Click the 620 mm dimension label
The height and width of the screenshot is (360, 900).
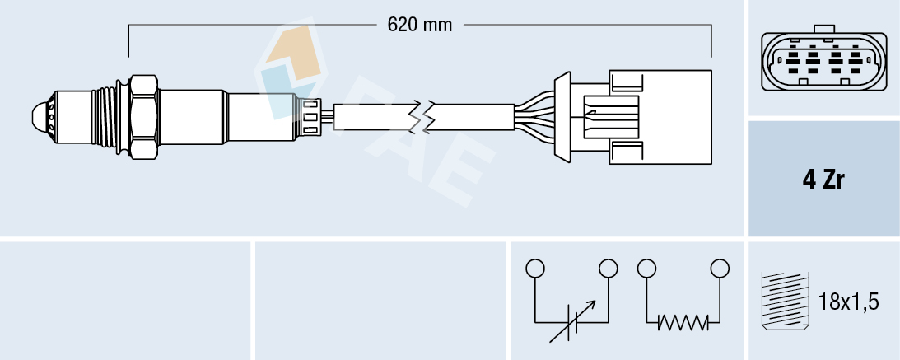pyautogui.click(x=420, y=25)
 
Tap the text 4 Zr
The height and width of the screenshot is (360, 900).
pyautogui.click(x=823, y=180)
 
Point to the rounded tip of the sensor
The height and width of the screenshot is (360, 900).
pyautogui.click(x=40, y=116)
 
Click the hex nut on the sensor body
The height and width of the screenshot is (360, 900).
pyautogui.click(x=143, y=116)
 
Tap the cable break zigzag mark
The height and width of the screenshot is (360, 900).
pyautogui.click(x=425, y=116)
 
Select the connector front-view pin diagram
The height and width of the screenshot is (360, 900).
pyautogui.click(x=823, y=62)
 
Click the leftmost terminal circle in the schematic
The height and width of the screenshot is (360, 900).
pyautogui.click(x=535, y=269)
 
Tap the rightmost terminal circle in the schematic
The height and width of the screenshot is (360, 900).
pyautogui.click(x=720, y=269)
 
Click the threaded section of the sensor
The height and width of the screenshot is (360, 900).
pyautogui.click(x=105, y=116)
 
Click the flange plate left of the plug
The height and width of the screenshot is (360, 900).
pyautogui.click(x=563, y=116)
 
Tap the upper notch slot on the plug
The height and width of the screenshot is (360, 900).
pyautogui.click(x=626, y=80)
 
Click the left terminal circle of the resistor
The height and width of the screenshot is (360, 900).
pyautogui.click(x=646, y=269)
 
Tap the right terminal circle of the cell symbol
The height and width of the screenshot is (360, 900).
pyautogui.click(x=609, y=269)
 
